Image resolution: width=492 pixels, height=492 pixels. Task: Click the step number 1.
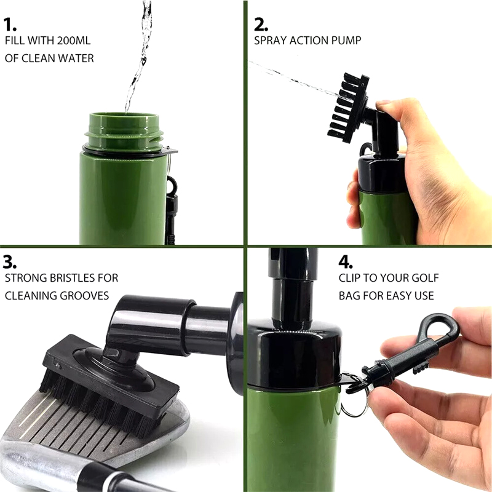10,25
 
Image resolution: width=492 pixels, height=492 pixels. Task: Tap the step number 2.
261,25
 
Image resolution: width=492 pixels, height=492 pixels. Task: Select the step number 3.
10,262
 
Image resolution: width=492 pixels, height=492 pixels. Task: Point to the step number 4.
346,263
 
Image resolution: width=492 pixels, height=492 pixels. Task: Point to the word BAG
349,296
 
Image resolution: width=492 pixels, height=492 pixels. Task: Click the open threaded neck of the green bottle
124,130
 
